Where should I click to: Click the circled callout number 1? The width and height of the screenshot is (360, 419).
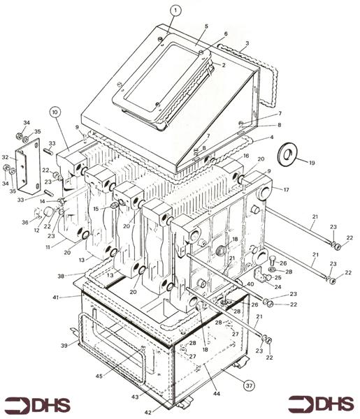coord(175,10)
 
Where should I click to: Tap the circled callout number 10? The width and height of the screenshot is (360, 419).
coord(55,112)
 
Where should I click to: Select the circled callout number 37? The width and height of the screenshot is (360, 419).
coord(249,385)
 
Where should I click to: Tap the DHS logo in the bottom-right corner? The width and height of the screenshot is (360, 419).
coord(322,405)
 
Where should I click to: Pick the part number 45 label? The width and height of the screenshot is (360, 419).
coord(99,376)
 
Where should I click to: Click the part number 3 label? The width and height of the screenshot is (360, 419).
coord(247,43)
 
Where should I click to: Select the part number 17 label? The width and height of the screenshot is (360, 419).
coord(286,190)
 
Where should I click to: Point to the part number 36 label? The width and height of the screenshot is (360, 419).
coord(25,222)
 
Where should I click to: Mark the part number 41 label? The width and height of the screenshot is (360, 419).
coord(55,297)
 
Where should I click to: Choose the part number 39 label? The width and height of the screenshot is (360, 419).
coord(64,346)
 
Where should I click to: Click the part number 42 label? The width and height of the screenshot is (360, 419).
coord(148,412)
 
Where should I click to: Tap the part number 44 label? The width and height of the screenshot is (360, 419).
coord(217,393)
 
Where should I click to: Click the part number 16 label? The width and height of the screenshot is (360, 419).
coord(246,156)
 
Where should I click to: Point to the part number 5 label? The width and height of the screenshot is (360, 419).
coord(206,27)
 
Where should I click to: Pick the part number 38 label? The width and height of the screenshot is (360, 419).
coord(61,276)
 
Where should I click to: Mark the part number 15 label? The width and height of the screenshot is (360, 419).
coord(96,209)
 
